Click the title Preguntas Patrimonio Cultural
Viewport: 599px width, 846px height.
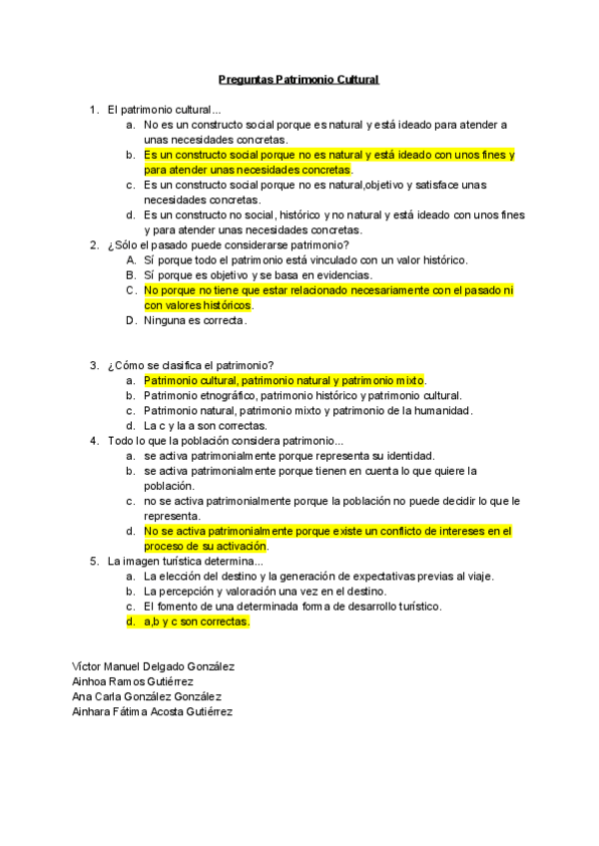click(x=299, y=79)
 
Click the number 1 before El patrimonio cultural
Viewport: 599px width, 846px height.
click(x=93, y=110)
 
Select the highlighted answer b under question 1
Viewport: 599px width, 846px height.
click(x=328, y=163)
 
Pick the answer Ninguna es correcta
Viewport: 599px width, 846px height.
click(x=196, y=320)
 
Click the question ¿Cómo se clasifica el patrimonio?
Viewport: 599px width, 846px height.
click(x=191, y=365)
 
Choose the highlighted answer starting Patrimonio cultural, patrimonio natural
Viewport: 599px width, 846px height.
click(x=285, y=380)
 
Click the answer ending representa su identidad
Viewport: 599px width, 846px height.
click(x=289, y=455)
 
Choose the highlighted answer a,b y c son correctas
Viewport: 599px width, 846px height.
click(x=196, y=621)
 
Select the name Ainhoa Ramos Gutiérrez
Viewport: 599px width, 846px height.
click(x=133, y=681)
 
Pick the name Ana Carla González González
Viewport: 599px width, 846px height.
click(x=147, y=696)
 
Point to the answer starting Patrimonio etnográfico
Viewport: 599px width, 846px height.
click(x=302, y=395)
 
